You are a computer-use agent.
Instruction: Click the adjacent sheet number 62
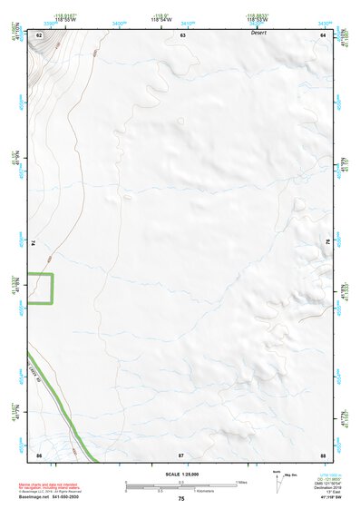point(39,34)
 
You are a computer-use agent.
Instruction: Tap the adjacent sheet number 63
point(182,34)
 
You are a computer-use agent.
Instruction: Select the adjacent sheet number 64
point(322,34)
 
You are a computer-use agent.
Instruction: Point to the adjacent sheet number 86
point(39,455)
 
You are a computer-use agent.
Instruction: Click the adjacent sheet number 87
point(181,455)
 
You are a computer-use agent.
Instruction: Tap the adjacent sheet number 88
point(322,455)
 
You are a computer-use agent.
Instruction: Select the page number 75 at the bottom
point(181,499)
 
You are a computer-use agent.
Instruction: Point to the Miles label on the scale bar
point(242,482)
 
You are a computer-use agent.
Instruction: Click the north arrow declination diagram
point(278,482)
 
